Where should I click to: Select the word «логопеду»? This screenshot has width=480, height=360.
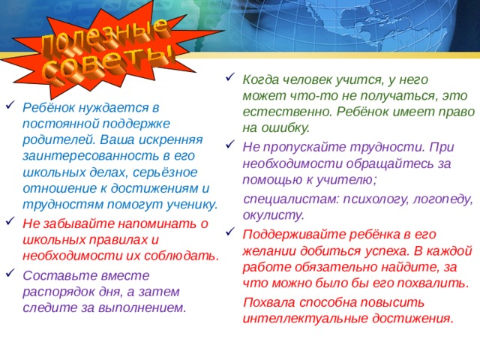point(439,199)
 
